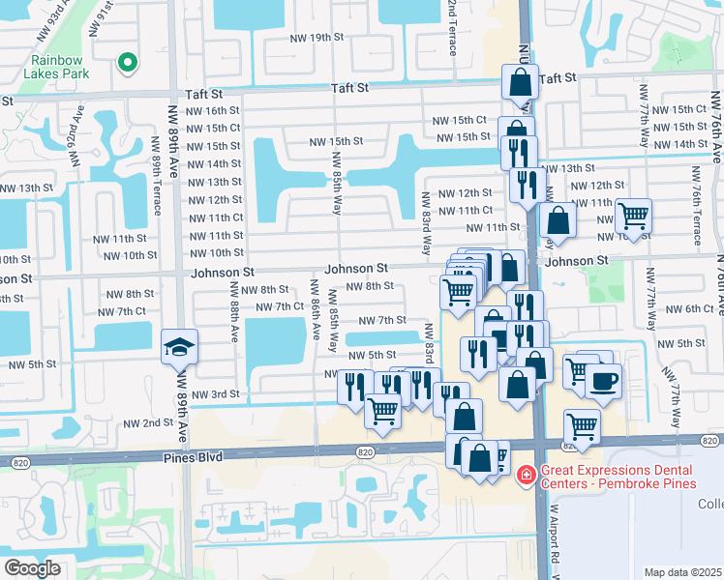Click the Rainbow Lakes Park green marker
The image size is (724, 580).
(125, 63)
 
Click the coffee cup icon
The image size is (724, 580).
(603, 379)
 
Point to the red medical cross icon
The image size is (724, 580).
(526, 475)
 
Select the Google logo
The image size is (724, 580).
(33, 567)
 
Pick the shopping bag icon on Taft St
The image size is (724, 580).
(520, 82)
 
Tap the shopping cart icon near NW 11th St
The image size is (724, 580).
(633, 215)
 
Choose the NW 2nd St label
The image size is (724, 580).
(146, 423)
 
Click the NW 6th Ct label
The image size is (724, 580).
(690, 308)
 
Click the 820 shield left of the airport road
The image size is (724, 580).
(364, 451)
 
